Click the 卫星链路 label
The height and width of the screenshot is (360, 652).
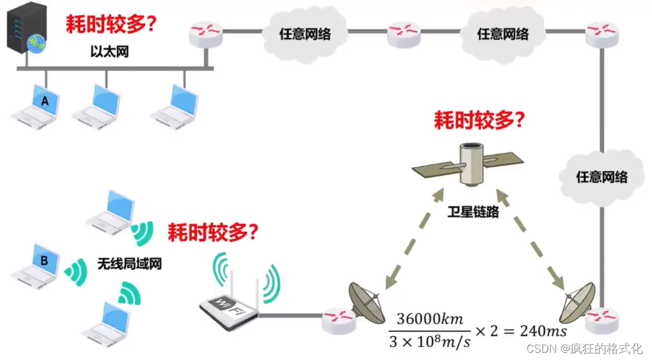tap(473, 212)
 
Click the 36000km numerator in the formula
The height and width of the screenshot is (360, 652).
tap(429, 319)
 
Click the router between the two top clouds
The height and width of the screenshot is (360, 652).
tap(403, 33)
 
